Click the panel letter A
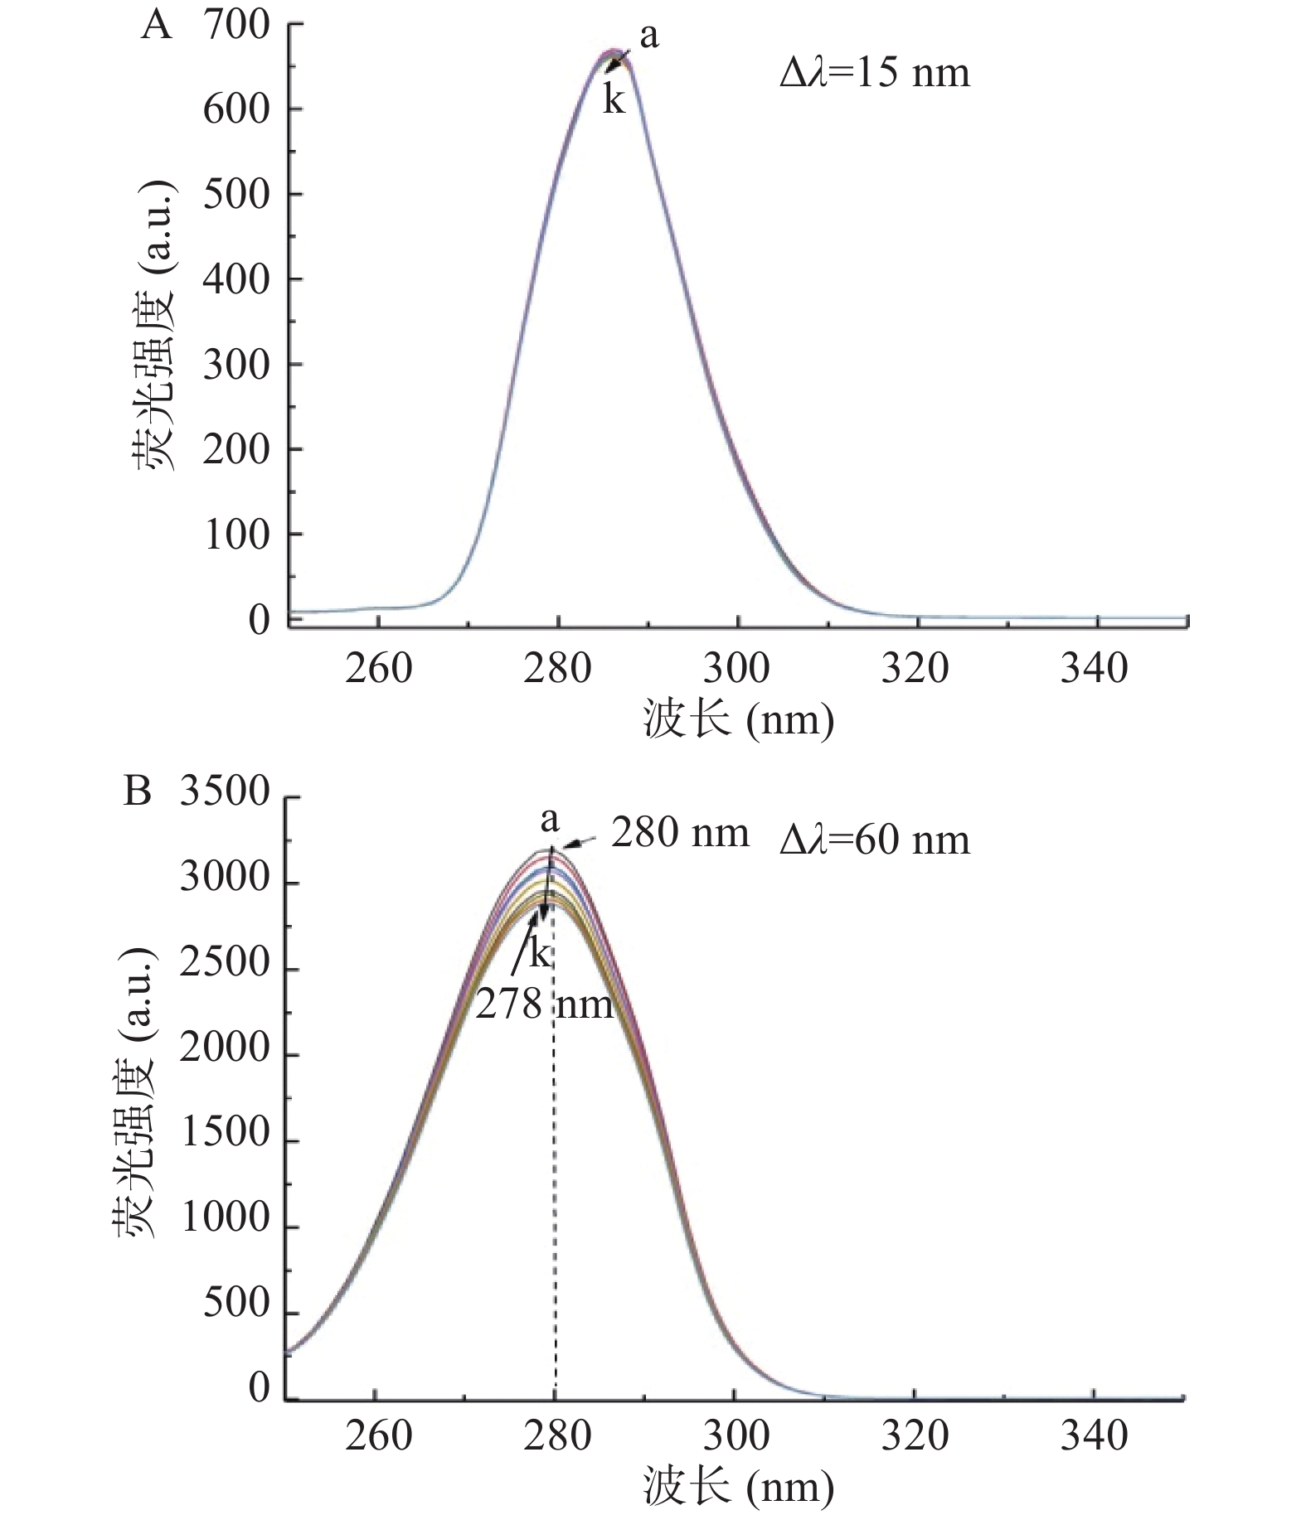pos(157,27)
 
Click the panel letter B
pos(138,791)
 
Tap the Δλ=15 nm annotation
pos(874,73)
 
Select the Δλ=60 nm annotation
pos(874,840)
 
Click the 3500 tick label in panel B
pos(225,792)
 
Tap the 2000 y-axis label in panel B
pos(225,1049)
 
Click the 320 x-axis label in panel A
pos(915,668)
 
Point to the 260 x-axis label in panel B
pos(378,1435)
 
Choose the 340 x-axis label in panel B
pos(1094,1435)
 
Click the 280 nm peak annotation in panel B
pos(680,833)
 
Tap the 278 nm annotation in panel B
pos(544,1005)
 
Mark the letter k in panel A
pos(614,99)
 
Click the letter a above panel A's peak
pos(648,36)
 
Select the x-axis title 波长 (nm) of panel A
pos(737,719)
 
